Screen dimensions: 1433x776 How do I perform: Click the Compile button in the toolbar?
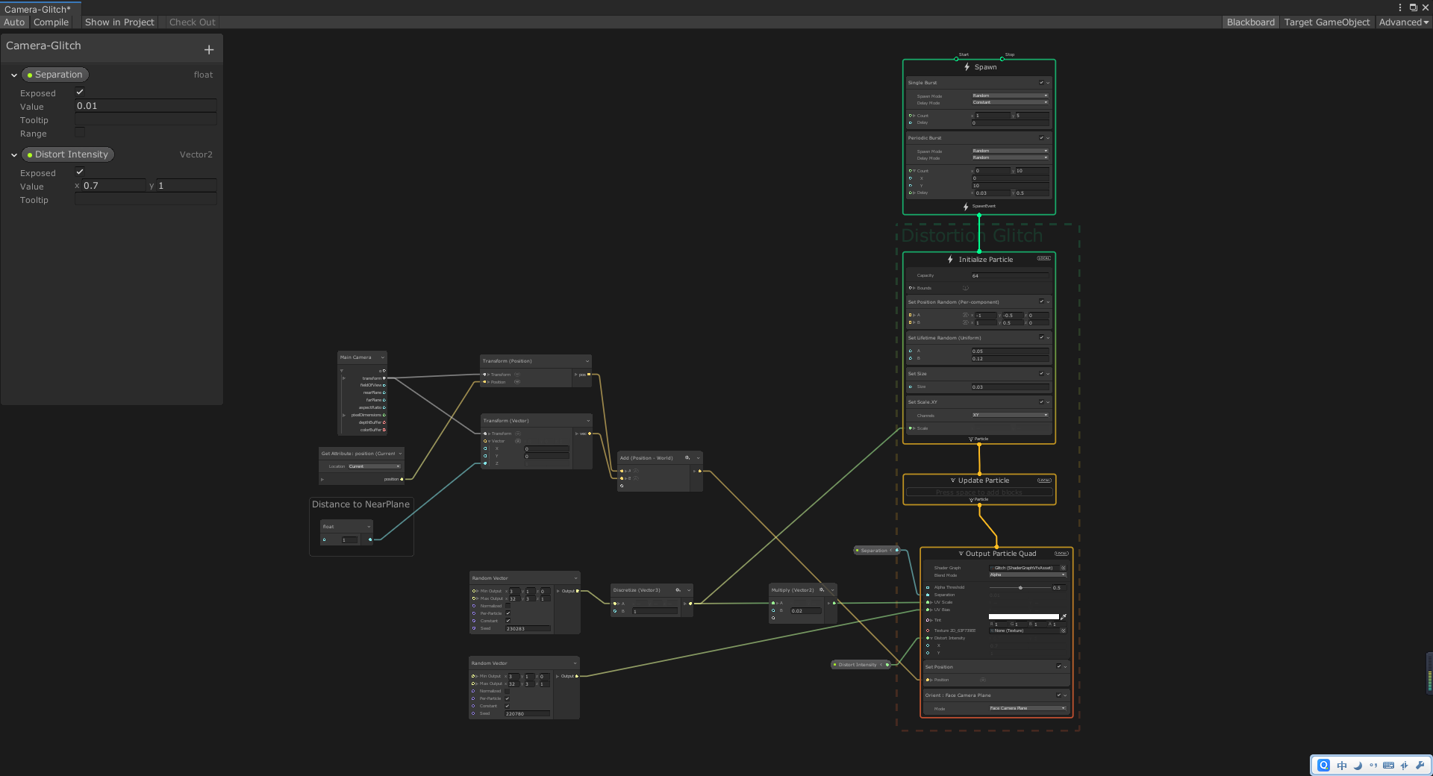pos(51,22)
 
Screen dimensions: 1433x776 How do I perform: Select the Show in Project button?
pos(119,22)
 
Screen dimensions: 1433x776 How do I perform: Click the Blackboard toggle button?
pos(1250,22)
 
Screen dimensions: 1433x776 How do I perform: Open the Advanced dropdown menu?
pos(1403,22)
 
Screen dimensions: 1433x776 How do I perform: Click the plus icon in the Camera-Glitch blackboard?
pos(209,50)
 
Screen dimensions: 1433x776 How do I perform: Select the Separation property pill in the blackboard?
pos(55,75)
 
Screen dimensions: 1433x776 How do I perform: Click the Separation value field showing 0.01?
pos(146,106)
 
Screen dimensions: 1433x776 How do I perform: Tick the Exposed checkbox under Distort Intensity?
pos(80,172)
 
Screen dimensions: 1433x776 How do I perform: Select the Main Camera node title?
pos(356,357)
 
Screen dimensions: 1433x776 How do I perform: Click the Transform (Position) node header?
pos(508,361)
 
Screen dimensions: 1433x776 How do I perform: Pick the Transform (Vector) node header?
pos(506,421)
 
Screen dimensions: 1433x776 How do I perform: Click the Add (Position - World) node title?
pos(646,458)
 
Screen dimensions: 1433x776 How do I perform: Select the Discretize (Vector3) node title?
pos(637,590)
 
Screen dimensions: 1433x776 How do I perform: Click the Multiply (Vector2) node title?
pos(793,590)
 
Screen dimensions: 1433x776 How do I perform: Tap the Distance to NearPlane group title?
pos(360,504)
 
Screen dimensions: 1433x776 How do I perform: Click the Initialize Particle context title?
pos(985,260)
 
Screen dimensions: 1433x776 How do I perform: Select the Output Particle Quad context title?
pos(1000,554)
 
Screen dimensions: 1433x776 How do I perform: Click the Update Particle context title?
pos(983,481)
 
